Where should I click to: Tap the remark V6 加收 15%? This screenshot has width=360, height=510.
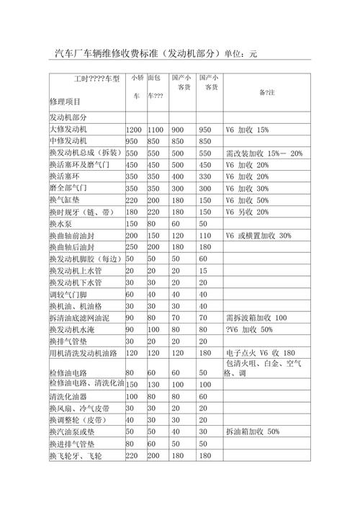[x=246, y=129]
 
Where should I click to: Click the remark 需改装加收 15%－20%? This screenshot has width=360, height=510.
[x=264, y=153]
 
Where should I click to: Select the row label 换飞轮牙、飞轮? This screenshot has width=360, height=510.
[x=75, y=457]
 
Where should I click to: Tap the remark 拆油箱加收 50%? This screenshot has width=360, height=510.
[x=252, y=431]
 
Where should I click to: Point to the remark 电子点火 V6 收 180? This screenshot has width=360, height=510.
[x=260, y=353]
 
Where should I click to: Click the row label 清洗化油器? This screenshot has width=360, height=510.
[x=69, y=397]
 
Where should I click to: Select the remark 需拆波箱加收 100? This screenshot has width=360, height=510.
[x=256, y=318]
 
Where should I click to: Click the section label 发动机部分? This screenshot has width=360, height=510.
[x=70, y=117]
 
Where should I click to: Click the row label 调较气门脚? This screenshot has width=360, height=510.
[x=69, y=294]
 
